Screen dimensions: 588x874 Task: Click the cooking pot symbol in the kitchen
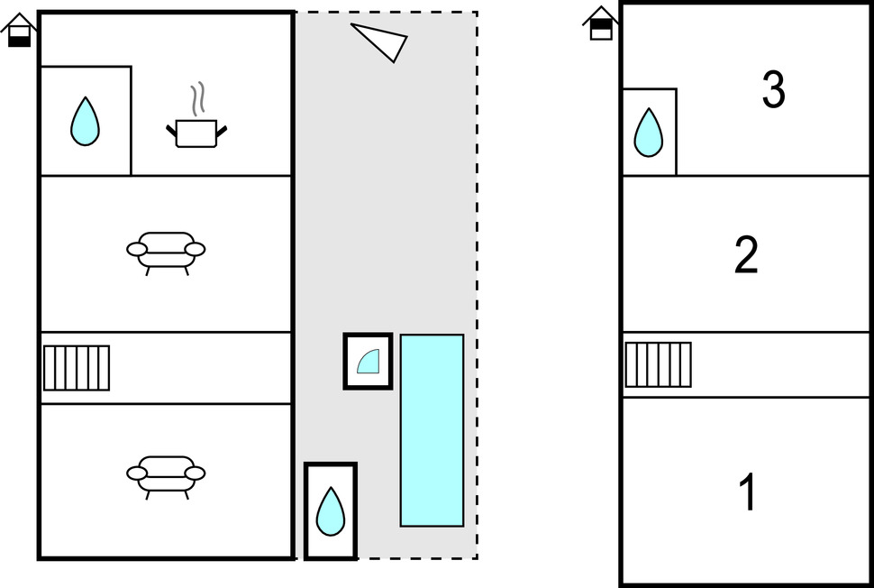196,133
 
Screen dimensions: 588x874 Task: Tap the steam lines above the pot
197,98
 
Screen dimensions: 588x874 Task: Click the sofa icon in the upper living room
166,250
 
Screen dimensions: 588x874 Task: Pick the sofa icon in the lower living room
166,473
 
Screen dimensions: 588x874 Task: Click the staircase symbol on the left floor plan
77,368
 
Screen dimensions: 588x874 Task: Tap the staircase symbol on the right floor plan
659,363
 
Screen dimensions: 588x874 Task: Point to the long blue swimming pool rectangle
432,430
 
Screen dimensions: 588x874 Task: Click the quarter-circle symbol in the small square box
369,362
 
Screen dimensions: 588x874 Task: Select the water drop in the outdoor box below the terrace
331,511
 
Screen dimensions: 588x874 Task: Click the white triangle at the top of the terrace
380,41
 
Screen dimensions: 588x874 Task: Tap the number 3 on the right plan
773,90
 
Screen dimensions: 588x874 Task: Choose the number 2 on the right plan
746,256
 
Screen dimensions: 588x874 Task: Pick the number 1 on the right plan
747,492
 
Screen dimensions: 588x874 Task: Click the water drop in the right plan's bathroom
648,133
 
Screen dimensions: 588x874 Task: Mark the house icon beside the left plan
19,29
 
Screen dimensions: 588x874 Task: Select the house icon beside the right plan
601,23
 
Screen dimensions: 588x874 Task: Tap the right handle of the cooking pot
221,132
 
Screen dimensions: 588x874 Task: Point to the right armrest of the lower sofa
195,472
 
